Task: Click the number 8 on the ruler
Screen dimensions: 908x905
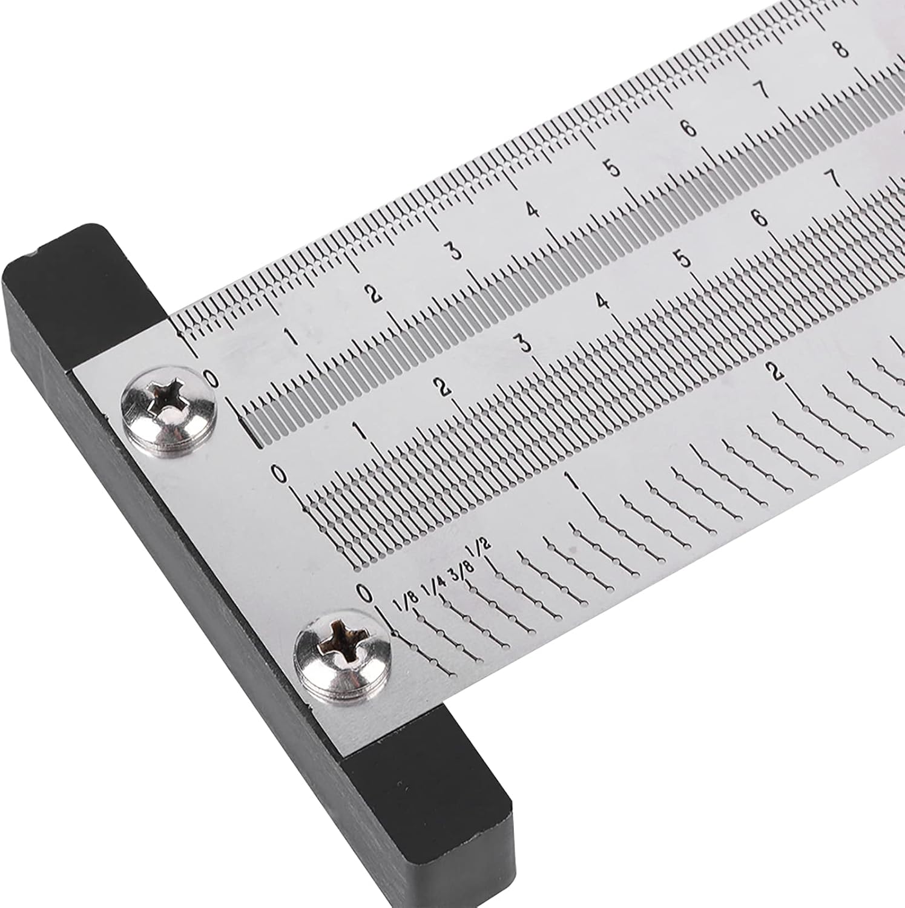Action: click(841, 50)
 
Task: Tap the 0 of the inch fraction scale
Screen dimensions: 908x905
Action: click(364, 594)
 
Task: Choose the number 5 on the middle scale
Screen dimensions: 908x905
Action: click(684, 259)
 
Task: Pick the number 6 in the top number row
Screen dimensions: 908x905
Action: click(688, 128)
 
